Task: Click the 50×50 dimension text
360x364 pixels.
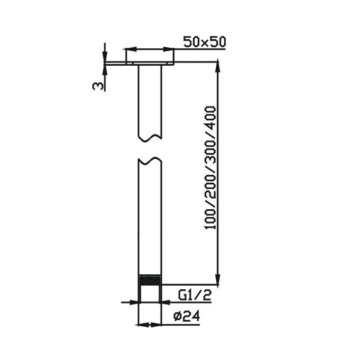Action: coord(204,42)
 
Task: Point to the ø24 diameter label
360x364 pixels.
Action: coord(186,316)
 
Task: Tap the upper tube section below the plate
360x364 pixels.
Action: coord(149,101)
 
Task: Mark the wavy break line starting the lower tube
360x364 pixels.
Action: coord(149,159)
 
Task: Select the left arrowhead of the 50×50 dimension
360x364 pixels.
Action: coord(129,49)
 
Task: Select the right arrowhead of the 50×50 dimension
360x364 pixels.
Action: coord(171,49)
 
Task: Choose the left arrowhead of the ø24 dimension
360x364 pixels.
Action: coord(141,324)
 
